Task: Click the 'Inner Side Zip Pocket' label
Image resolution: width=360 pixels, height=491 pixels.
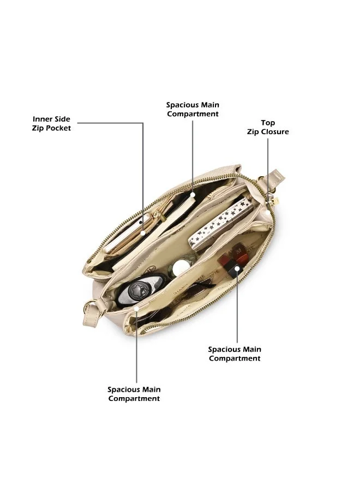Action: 51,123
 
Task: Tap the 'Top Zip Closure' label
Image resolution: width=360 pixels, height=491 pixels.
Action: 268,127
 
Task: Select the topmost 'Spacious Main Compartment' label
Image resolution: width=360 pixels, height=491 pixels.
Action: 193,109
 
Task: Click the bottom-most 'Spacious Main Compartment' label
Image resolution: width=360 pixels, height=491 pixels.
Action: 134,394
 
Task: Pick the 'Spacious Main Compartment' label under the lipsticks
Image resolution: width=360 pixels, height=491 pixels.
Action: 235,354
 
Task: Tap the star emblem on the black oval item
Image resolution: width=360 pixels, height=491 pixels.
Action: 139,288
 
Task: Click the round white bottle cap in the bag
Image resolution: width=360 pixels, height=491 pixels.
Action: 179,266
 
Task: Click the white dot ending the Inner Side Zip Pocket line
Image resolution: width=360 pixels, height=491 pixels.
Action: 143,233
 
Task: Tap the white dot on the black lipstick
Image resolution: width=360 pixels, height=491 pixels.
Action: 238,268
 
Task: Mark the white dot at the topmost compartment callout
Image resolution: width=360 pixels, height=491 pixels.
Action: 193,195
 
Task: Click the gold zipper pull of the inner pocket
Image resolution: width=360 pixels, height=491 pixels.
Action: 160,215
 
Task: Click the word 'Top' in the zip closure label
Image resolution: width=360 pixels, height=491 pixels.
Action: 268,123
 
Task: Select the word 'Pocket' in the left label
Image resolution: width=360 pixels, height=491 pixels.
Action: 58,128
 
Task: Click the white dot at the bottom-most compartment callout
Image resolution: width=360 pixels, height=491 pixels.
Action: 136,309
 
